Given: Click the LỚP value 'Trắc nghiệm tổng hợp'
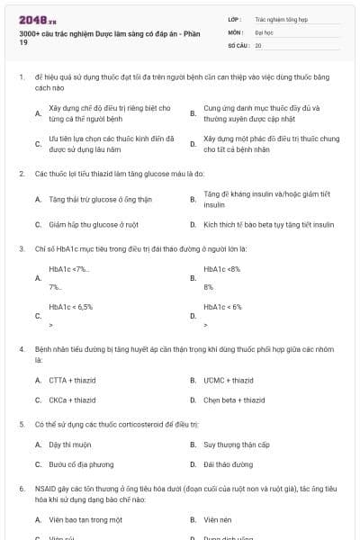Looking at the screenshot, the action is (281, 18).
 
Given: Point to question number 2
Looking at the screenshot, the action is (21, 172).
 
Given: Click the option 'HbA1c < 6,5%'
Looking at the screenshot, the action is (71, 306).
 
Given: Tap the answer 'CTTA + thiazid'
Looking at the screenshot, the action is (71, 380).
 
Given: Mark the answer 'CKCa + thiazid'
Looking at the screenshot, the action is (72, 400).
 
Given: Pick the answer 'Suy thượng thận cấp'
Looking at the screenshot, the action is (235, 445).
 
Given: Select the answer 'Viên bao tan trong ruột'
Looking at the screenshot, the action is (85, 519).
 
